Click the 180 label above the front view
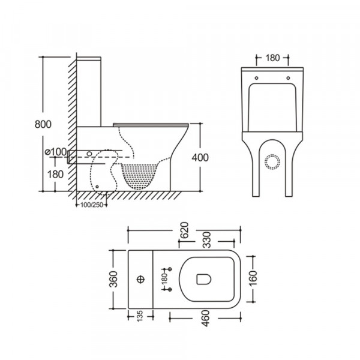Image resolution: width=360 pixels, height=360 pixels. [x=272, y=59]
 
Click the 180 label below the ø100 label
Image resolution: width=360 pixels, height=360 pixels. [x=55, y=174]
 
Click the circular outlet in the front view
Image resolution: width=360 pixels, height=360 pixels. [x=272, y=161]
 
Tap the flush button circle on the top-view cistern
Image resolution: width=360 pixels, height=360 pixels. [x=141, y=278]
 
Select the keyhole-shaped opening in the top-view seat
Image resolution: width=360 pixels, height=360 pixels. [x=202, y=278]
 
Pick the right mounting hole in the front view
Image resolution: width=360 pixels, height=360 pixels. [x=289, y=77]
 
